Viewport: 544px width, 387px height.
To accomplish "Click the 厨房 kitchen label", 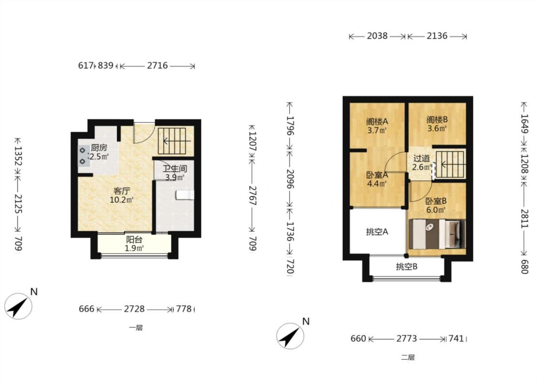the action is click(x=99, y=148).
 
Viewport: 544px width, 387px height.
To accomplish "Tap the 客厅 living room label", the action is click(x=122, y=191).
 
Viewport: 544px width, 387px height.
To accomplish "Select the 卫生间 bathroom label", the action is click(x=175, y=169).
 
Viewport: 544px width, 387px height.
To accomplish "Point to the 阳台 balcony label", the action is click(x=134, y=239).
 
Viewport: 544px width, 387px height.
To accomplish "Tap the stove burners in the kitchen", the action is click(x=83, y=156).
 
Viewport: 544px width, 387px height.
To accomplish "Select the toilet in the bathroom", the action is click(x=185, y=195).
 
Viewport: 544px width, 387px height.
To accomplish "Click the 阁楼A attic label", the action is click(x=377, y=122).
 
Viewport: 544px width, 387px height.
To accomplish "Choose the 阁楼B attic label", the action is click(x=437, y=120).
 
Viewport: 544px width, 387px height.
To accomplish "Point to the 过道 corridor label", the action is click(x=422, y=158).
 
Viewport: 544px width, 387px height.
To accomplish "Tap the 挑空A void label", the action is click(x=377, y=232).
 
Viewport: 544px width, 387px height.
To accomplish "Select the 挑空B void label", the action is click(x=407, y=267).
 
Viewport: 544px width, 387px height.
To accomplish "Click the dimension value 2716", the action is click(x=157, y=66).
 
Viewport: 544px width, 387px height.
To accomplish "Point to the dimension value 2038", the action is click(x=377, y=36).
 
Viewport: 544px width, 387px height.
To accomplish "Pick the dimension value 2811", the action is click(x=524, y=219).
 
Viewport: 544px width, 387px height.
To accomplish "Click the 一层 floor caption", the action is click(x=136, y=327).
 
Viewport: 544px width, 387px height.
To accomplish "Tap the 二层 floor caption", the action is click(x=408, y=357).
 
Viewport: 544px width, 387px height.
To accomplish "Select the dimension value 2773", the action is click(x=407, y=339).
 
